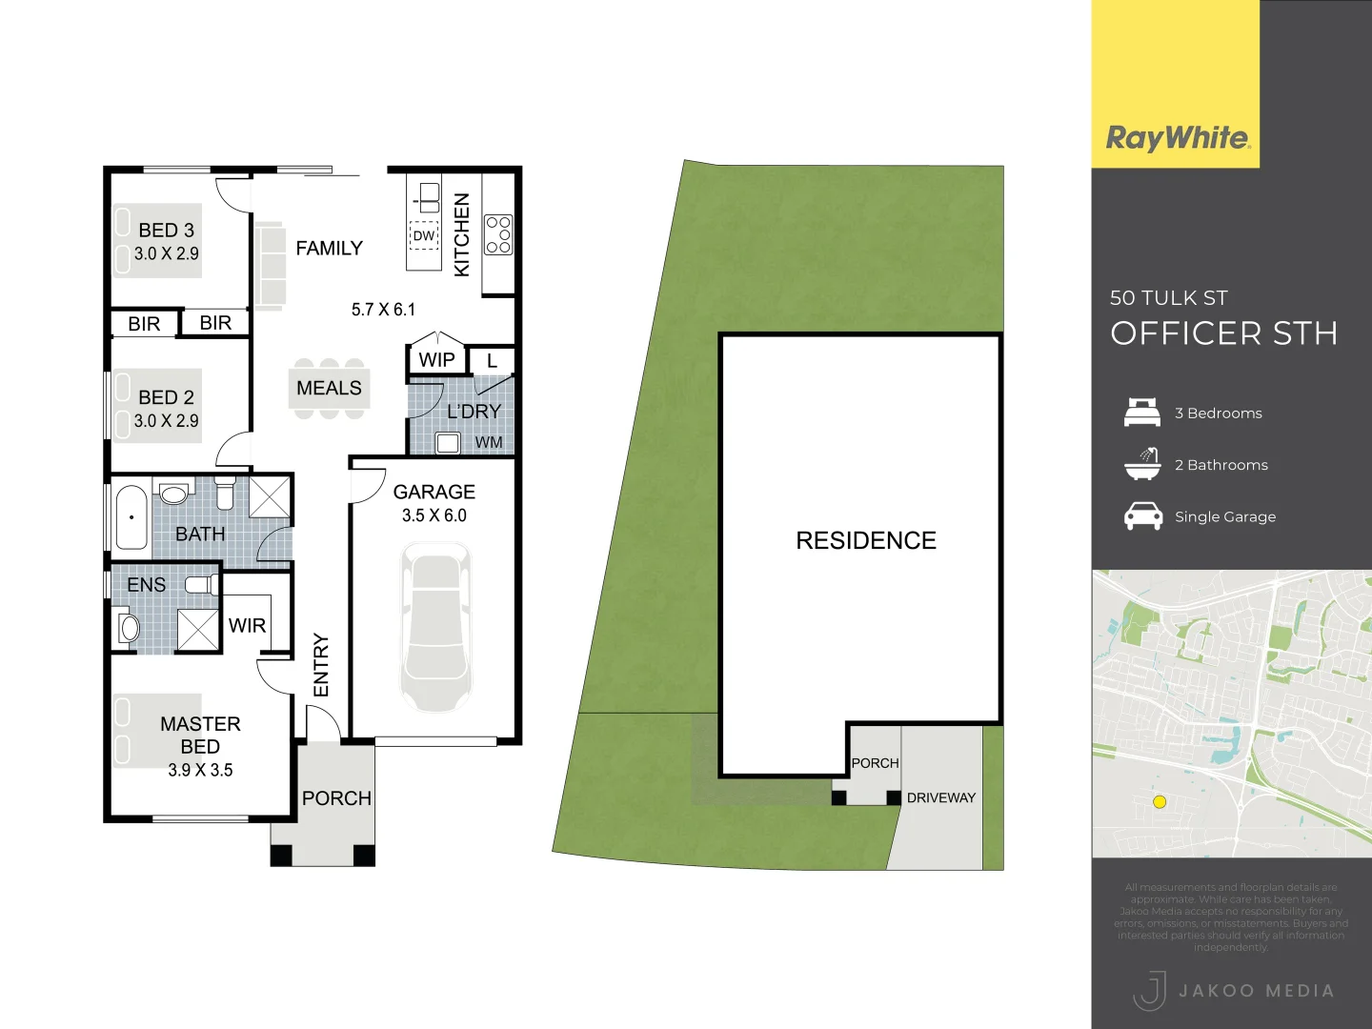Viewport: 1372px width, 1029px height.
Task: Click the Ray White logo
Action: (x=1178, y=138)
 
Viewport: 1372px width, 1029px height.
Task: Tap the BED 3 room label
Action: (x=166, y=231)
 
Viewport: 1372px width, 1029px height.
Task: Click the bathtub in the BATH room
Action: (x=131, y=517)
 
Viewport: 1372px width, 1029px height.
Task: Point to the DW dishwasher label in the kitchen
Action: (x=424, y=235)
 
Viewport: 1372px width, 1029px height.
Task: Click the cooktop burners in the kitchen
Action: (x=498, y=234)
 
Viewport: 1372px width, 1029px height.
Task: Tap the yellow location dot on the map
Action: (x=1160, y=802)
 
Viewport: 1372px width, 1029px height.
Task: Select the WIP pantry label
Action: (x=436, y=360)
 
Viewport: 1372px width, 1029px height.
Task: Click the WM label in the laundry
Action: (x=489, y=442)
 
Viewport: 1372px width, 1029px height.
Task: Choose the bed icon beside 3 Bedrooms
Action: (x=1142, y=413)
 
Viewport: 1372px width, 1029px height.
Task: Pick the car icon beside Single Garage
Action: (x=1142, y=516)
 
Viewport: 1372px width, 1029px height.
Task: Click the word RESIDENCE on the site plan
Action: (x=866, y=541)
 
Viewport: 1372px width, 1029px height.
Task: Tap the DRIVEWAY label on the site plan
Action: (x=941, y=797)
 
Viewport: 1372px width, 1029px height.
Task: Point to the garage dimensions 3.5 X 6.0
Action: (x=434, y=515)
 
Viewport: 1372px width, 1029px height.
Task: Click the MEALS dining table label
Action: (x=329, y=388)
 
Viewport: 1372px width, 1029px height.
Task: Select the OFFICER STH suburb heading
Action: (x=1223, y=333)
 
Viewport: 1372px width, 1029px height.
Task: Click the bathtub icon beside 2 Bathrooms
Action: (x=1142, y=464)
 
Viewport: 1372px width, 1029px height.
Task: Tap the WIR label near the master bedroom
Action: (x=247, y=626)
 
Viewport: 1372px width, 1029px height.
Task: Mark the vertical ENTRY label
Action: (x=321, y=665)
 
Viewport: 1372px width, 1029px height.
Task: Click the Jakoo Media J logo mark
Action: (x=1150, y=990)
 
